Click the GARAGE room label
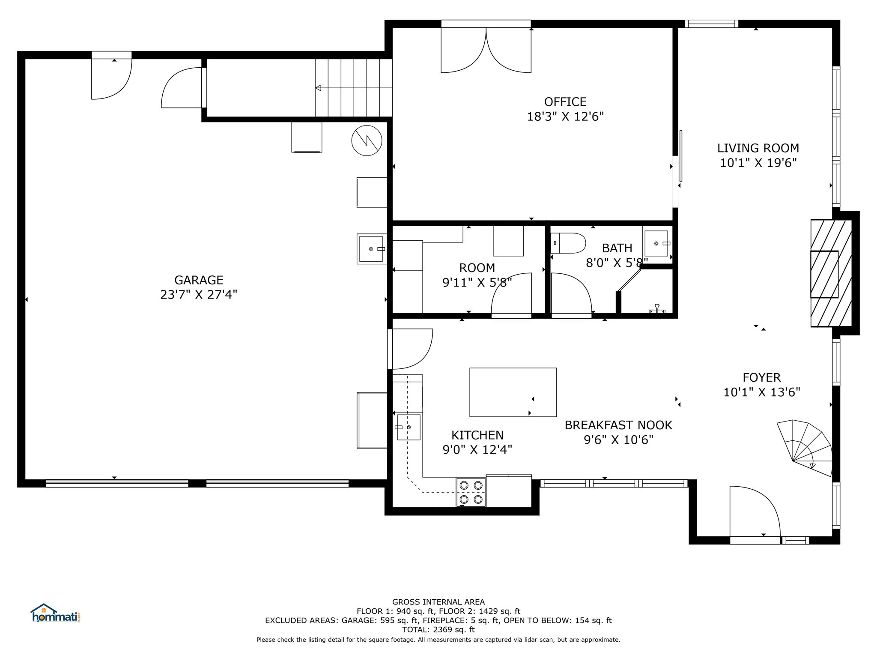pyautogui.click(x=199, y=280)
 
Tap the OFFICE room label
pyautogui.click(x=565, y=102)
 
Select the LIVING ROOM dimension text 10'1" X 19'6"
pyautogui.click(x=758, y=163)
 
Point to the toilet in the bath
pyautogui.click(x=568, y=243)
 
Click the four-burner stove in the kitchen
pyautogui.click(x=471, y=492)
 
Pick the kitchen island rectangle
pyautogui.click(x=513, y=392)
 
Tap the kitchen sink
pyautogui.click(x=409, y=427)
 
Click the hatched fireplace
pyautogui.click(x=831, y=273)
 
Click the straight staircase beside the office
pyautogui.click(x=354, y=88)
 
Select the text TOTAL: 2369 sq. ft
pyautogui.click(x=438, y=630)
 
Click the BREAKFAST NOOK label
pyautogui.click(x=618, y=425)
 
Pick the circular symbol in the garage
pyautogui.click(x=367, y=141)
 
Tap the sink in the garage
pyautogui.click(x=372, y=249)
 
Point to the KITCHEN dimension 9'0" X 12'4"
pyautogui.click(x=477, y=450)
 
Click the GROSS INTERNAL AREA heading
pyautogui.click(x=438, y=602)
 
